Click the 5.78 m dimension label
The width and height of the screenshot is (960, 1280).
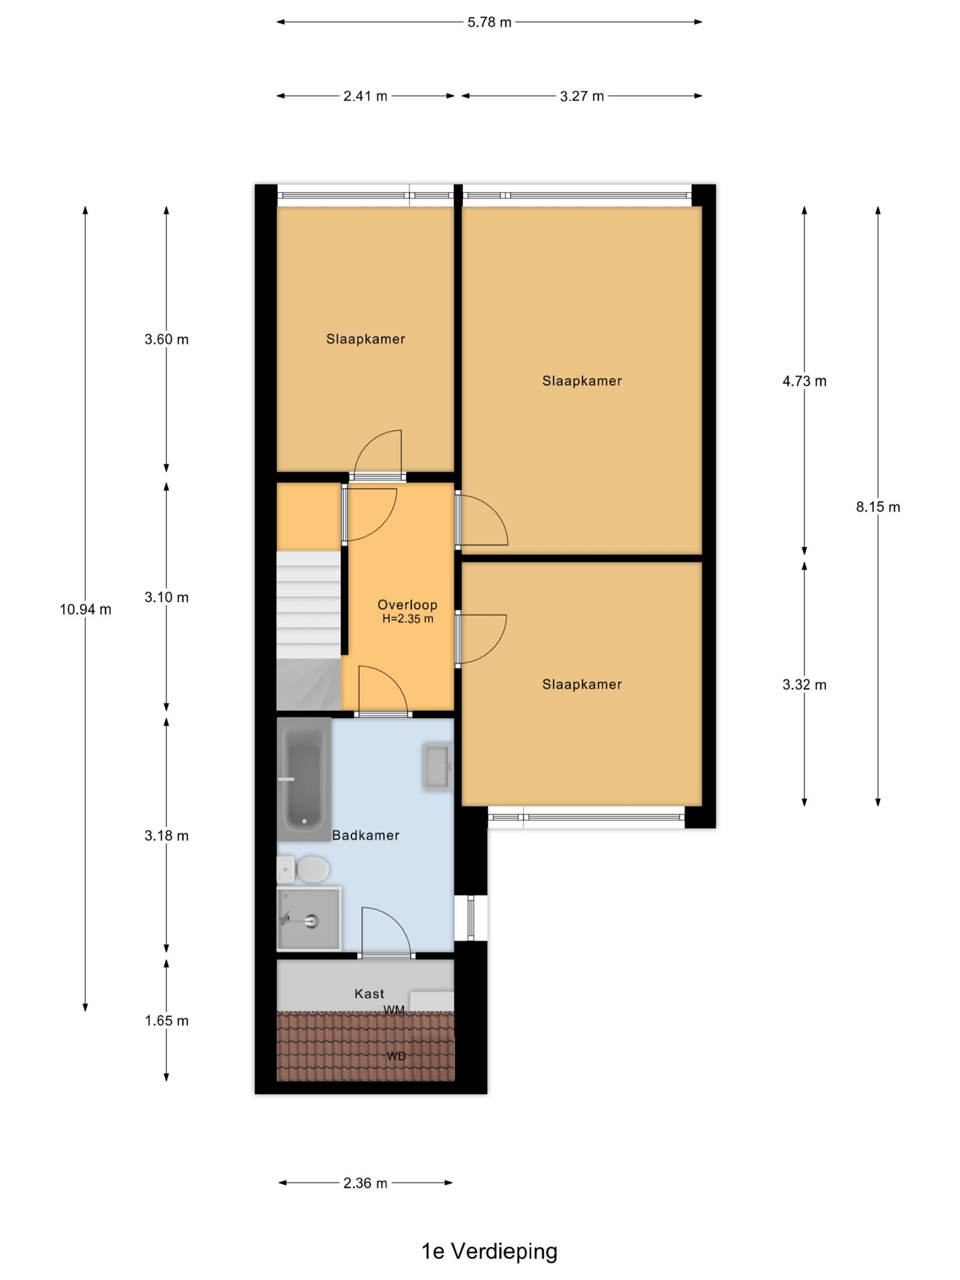tap(489, 22)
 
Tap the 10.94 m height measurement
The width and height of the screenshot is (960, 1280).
tap(85, 609)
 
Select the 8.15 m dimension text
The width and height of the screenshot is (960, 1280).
tap(878, 507)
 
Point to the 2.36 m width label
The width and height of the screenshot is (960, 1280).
tap(365, 1183)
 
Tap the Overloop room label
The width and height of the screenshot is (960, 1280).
tap(407, 604)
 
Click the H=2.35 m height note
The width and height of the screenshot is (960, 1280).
tap(407, 618)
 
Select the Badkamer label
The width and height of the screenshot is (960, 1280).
tap(365, 835)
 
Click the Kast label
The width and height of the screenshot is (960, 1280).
tap(369, 993)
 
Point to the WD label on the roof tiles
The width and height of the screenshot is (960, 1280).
tap(396, 1056)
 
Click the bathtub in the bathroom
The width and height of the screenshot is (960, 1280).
tap(304, 779)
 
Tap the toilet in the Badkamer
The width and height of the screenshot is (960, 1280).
tap(303, 869)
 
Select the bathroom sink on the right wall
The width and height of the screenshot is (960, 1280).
tap(438, 767)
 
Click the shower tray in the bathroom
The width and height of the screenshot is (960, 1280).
tap(309, 918)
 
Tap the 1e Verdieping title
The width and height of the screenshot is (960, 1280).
tap(489, 1250)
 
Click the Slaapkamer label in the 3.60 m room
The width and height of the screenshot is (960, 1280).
tap(365, 339)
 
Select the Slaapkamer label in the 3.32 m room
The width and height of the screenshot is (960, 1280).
tap(582, 684)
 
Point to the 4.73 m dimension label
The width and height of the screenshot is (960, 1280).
tap(804, 381)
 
